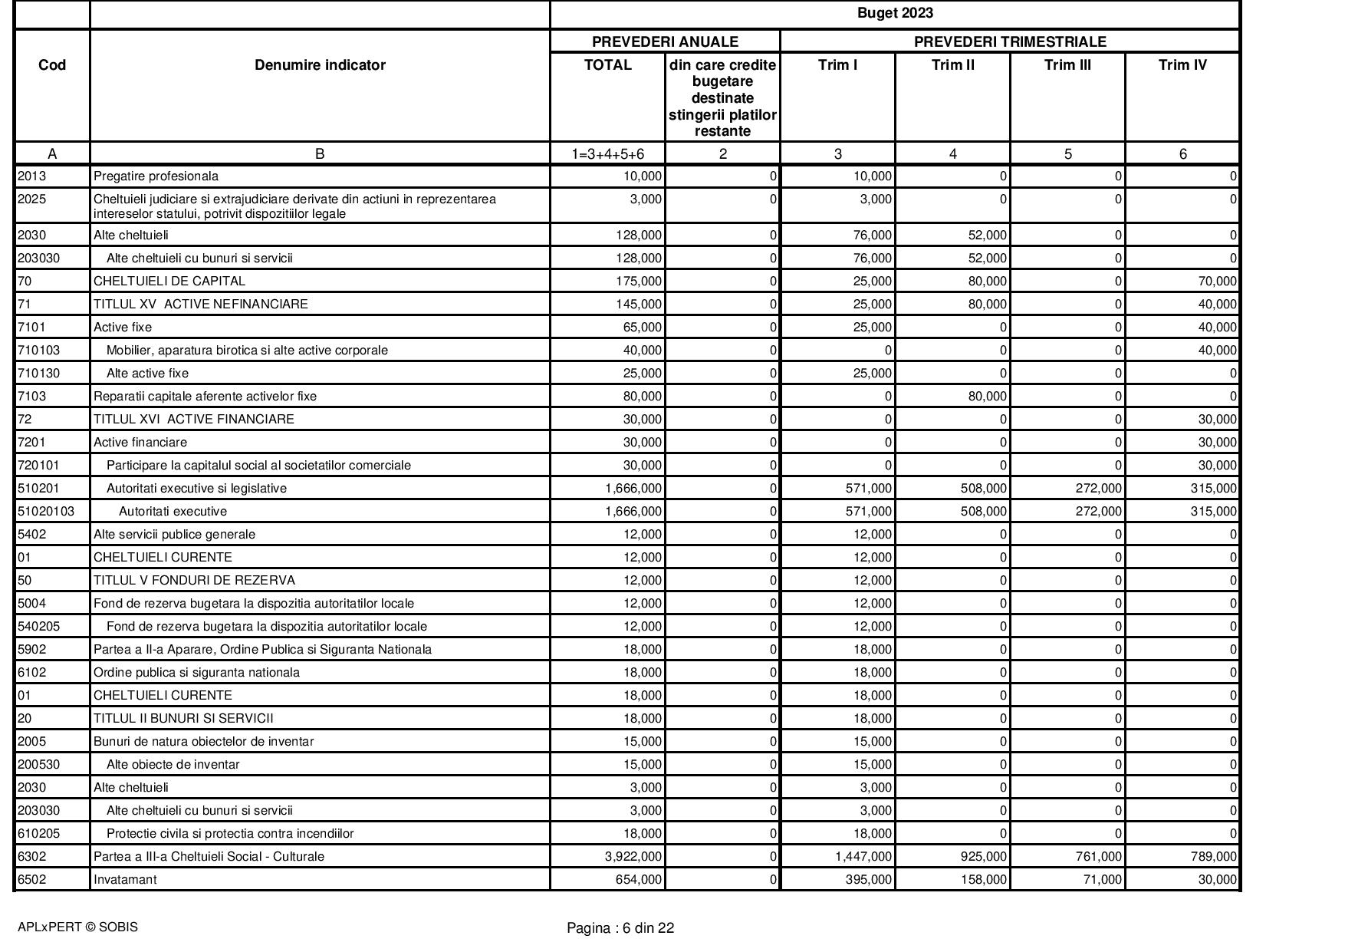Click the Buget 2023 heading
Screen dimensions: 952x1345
point(895,13)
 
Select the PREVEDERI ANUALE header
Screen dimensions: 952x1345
point(665,41)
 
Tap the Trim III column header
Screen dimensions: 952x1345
point(1067,65)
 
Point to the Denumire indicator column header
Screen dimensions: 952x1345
point(320,65)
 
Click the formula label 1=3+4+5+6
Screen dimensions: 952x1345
point(607,154)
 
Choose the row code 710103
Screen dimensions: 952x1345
point(38,350)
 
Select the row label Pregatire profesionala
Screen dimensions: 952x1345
point(156,176)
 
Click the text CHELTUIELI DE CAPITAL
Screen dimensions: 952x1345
point(169,281)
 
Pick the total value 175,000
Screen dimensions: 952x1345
point(639,281)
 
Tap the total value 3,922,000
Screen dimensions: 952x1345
point(633,856)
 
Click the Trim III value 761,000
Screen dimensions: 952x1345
point(1099,856)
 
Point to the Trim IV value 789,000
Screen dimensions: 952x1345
point(1214,856)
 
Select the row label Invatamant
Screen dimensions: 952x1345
point(125,879)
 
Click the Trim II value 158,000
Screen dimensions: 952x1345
point(984,879)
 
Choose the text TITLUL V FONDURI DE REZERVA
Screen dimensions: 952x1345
point(194,580)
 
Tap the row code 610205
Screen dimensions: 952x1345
point(38,833)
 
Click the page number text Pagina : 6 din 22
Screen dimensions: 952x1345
point(620,928)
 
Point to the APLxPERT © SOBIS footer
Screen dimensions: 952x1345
point(77,927)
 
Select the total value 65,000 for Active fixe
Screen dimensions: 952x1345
point(642,327)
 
